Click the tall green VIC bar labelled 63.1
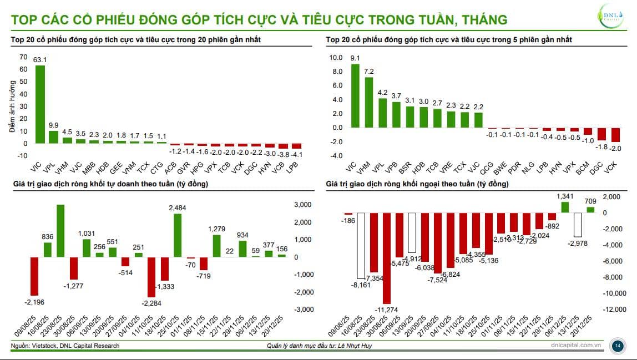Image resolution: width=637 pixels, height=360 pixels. [x=40, y=104]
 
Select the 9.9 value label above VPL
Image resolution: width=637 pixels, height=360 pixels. [x=53, y=125]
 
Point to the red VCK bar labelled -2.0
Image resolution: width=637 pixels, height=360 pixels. [x=615, y=135]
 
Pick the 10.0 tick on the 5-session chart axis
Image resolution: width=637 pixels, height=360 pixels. [x=336, y=57]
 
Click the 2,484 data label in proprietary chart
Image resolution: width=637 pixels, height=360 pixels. [x=178, y=207]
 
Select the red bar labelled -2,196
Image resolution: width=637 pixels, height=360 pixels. [x=34, y=276]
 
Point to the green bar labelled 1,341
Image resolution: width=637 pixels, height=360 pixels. [x=565, y=207]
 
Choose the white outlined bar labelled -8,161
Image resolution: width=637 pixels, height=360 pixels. [x=361, y=246]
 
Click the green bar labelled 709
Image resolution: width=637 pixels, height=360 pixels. [x=590, y=210]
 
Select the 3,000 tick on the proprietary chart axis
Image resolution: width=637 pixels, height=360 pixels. [x=303, y=205]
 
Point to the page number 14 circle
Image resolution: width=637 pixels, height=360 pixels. [x=617, y=346]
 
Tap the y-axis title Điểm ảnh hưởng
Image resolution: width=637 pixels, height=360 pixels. [x=12, y=105]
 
